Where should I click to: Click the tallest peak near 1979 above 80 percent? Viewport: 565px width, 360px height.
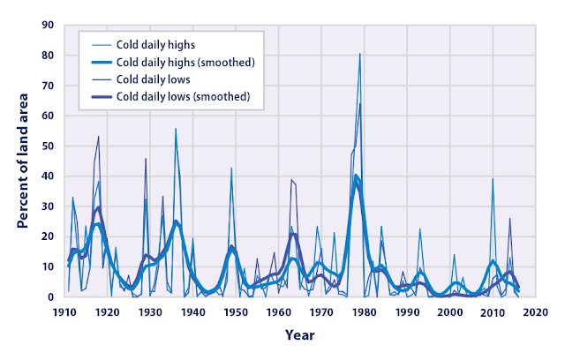[x=359, y=54]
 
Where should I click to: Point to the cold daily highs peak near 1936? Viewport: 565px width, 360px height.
[x=175, y=129]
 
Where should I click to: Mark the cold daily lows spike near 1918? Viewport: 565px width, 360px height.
[x=99, y=137]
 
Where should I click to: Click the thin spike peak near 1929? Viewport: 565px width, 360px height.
[x=146, y=159]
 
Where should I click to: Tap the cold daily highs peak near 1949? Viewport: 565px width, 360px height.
[x=231, y=169]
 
